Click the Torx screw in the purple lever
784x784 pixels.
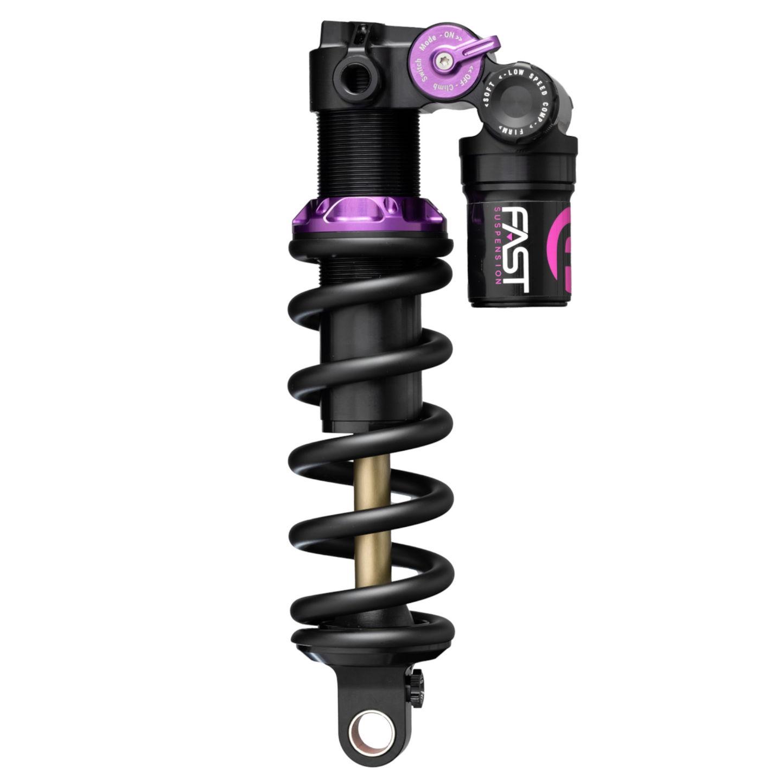tap(445, 63)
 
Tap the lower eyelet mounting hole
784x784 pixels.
tap(372, 727)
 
